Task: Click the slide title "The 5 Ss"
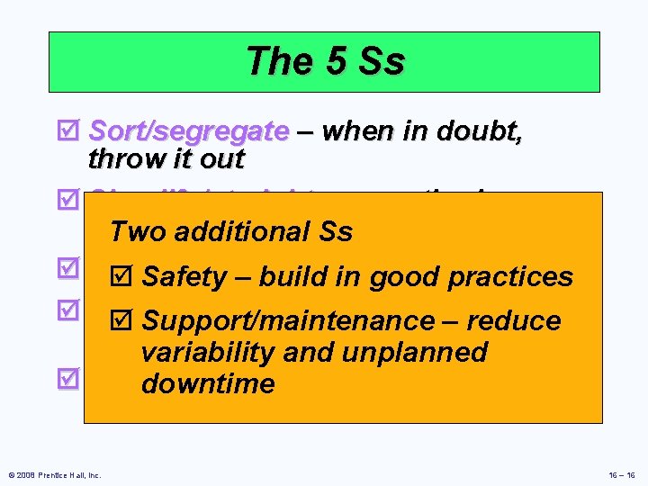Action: (325, 62)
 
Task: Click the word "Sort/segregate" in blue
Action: (189, 132)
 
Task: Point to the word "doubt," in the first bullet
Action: (478, 131)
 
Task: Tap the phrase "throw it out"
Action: (166, 159)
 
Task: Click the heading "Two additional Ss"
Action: (230, 232)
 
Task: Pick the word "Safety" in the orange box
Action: (184, 277)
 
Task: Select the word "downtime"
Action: (208, 384)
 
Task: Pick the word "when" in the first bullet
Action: (355, 131)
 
